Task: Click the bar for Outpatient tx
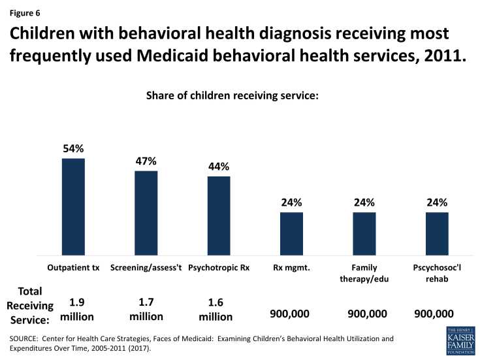pyautogui.click(x=73, y=206)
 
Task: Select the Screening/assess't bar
pyautogui.click(x=146, y=213)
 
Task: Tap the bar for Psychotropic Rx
pyautogui.click(x=219, y=216)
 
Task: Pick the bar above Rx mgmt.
pyautogui.click(x=291, y=233)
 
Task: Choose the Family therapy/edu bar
pyautogui.click(x=364, y=233)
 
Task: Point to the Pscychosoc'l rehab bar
pyautogui.click(x=437, y=233)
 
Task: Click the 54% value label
pyautogui.click(x=73, y=149)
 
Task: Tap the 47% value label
pyautogui.click(x=146, y=161)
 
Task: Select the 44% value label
pyautogui.click(x=219, y=167)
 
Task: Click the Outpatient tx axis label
pyautogui.click(x=73, y=268)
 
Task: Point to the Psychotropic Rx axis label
pyautogui.click(x=219, y=268)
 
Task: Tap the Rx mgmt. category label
pyautogui.click(x=291, y=268)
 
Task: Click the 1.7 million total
pyautogui.click(x=146, y=308)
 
